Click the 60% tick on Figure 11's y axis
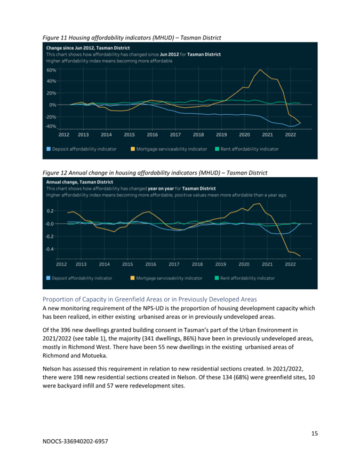click(x=51, y=70)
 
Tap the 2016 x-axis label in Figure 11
click(x=153, y=135)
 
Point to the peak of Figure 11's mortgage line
click(x=260, y=69)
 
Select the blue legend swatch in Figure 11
click(x=49, y=149)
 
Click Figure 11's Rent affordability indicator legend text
click(x=250, y=149)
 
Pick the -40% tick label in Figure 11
click(x=51, y=127)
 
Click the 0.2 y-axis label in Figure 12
click(x=50, y=211)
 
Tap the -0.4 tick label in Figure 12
click(x=50, y=249)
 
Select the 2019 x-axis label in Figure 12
click(x=220, y=264)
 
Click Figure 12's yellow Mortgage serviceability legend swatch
click(x=132, y=278)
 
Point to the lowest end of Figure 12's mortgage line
click(x=300, y=256)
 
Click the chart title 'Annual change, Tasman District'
click(x=79, y=182)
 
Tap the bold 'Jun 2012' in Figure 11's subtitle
click(x=169, y=54)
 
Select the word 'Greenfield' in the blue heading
click(x=129, y=299)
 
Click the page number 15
click(x=315, y=433)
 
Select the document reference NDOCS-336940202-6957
click(x=75, y=441)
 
